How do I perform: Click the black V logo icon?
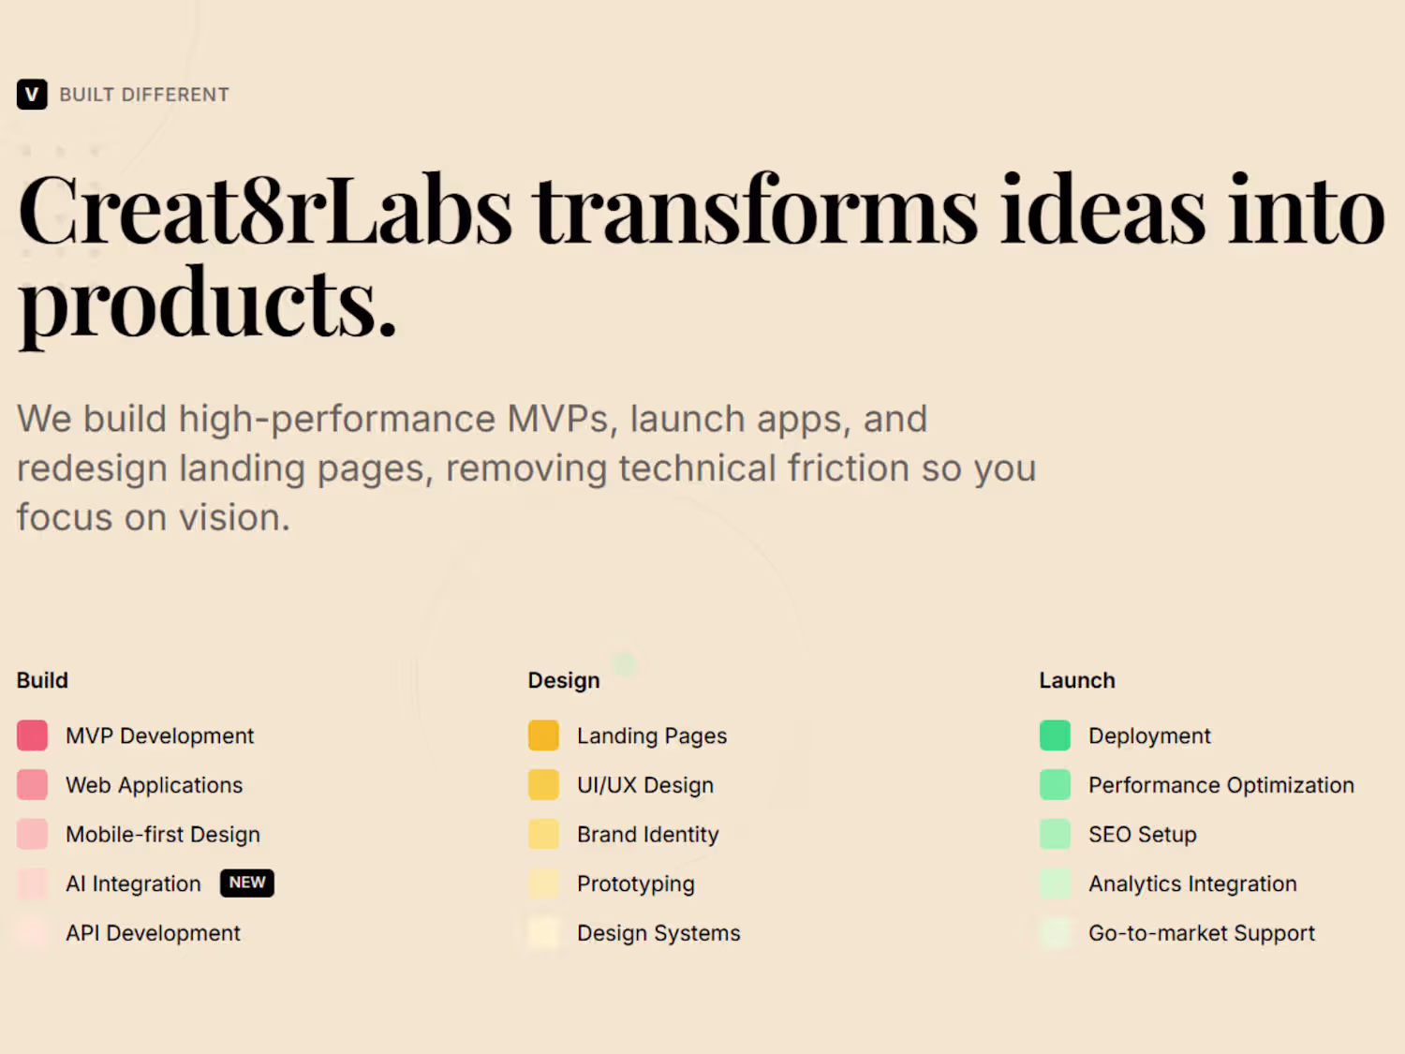tap(32, 94)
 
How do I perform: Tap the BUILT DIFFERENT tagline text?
tap(144, 95)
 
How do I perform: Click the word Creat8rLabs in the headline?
tap(265, 210)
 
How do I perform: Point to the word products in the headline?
tap(207, 304)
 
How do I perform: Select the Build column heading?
tap(42, 679)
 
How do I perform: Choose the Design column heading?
tap(564, 679)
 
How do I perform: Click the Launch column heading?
tap(1077, 679)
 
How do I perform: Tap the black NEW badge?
tap(247, 883)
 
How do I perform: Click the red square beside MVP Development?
tap(32, 735)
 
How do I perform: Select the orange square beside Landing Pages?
tap(543, 735)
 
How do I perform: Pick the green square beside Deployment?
tap(1055, 735)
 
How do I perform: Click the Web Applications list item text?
tap(155, 785)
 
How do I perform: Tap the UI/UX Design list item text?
tap(645, 785)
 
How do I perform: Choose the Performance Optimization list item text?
tap(1221, 785)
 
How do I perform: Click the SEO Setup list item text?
tap(1143, 835)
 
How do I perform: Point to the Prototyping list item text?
tap(636, 883)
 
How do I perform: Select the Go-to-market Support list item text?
tap(1202, 933)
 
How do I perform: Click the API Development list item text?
tap(153, 933)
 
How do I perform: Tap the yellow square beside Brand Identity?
tap(543, 834)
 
